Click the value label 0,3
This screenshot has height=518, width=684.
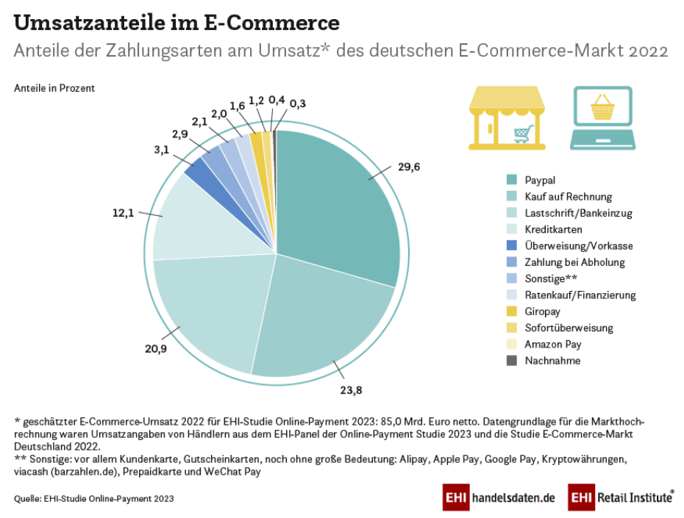click(298, 104)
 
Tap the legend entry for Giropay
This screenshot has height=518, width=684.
click(543, 312)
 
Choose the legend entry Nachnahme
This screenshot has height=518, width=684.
click(552, 361)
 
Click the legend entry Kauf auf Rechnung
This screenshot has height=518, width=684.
click(568, 196)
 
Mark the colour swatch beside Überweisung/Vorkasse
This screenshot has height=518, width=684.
click(511, 245)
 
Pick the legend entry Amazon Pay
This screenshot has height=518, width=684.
click(553, 344)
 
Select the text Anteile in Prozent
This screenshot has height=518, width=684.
click(54, 88)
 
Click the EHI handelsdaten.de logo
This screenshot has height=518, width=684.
click(499, 497)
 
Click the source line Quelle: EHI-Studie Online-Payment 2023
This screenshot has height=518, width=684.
click(94, 499)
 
